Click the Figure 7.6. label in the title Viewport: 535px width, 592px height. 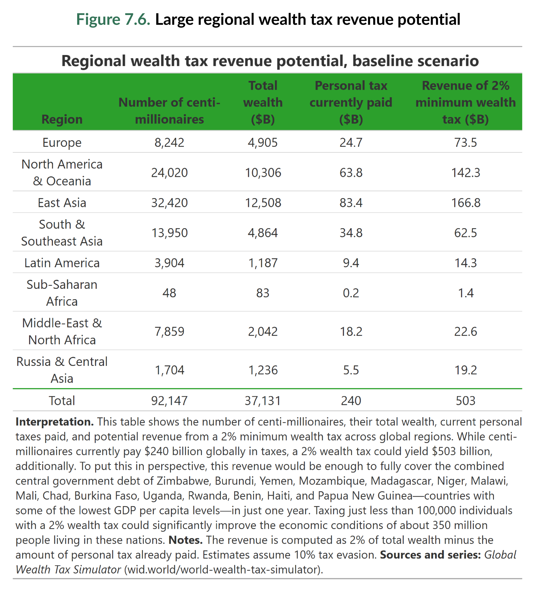pyautogui.click(x=113, y=20)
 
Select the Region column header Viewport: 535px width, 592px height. pyautogui.click(x=62, y=119)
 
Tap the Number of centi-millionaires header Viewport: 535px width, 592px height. pyautogui.click(x=169, y=111)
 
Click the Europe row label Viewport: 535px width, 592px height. pyautogui.click(x=62, y=142)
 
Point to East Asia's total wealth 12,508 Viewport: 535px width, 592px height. pyautogui.click(x=263, y=203)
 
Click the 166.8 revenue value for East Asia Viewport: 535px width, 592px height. pyautogui.click(x=465, y=203)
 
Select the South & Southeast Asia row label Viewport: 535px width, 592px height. pyautogui.click(x=62, y=233)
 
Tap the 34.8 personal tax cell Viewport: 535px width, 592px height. pyautogui.click(x=351, y=233)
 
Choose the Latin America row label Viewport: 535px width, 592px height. pyautogui.click(x=62, y=263)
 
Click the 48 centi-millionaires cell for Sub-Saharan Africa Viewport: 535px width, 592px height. pyautogui.click(x=169, y=293)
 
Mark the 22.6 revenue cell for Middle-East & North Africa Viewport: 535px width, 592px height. pyautogui.click(x=465, y=332)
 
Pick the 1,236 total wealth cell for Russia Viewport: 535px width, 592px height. pyautogui.click(x=263, y=370)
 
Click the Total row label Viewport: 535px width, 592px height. pyautogui.click(x=62, y=401)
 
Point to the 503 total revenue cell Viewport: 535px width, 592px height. pyautogui.click(x=465, y=401)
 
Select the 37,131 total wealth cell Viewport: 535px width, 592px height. pyautogui.click(x=263, y=401)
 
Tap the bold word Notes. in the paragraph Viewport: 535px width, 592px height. pyautogui.click(x=185, y=540)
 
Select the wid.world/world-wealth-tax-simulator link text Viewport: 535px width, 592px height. pyautogui.click(x=223, y=570)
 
